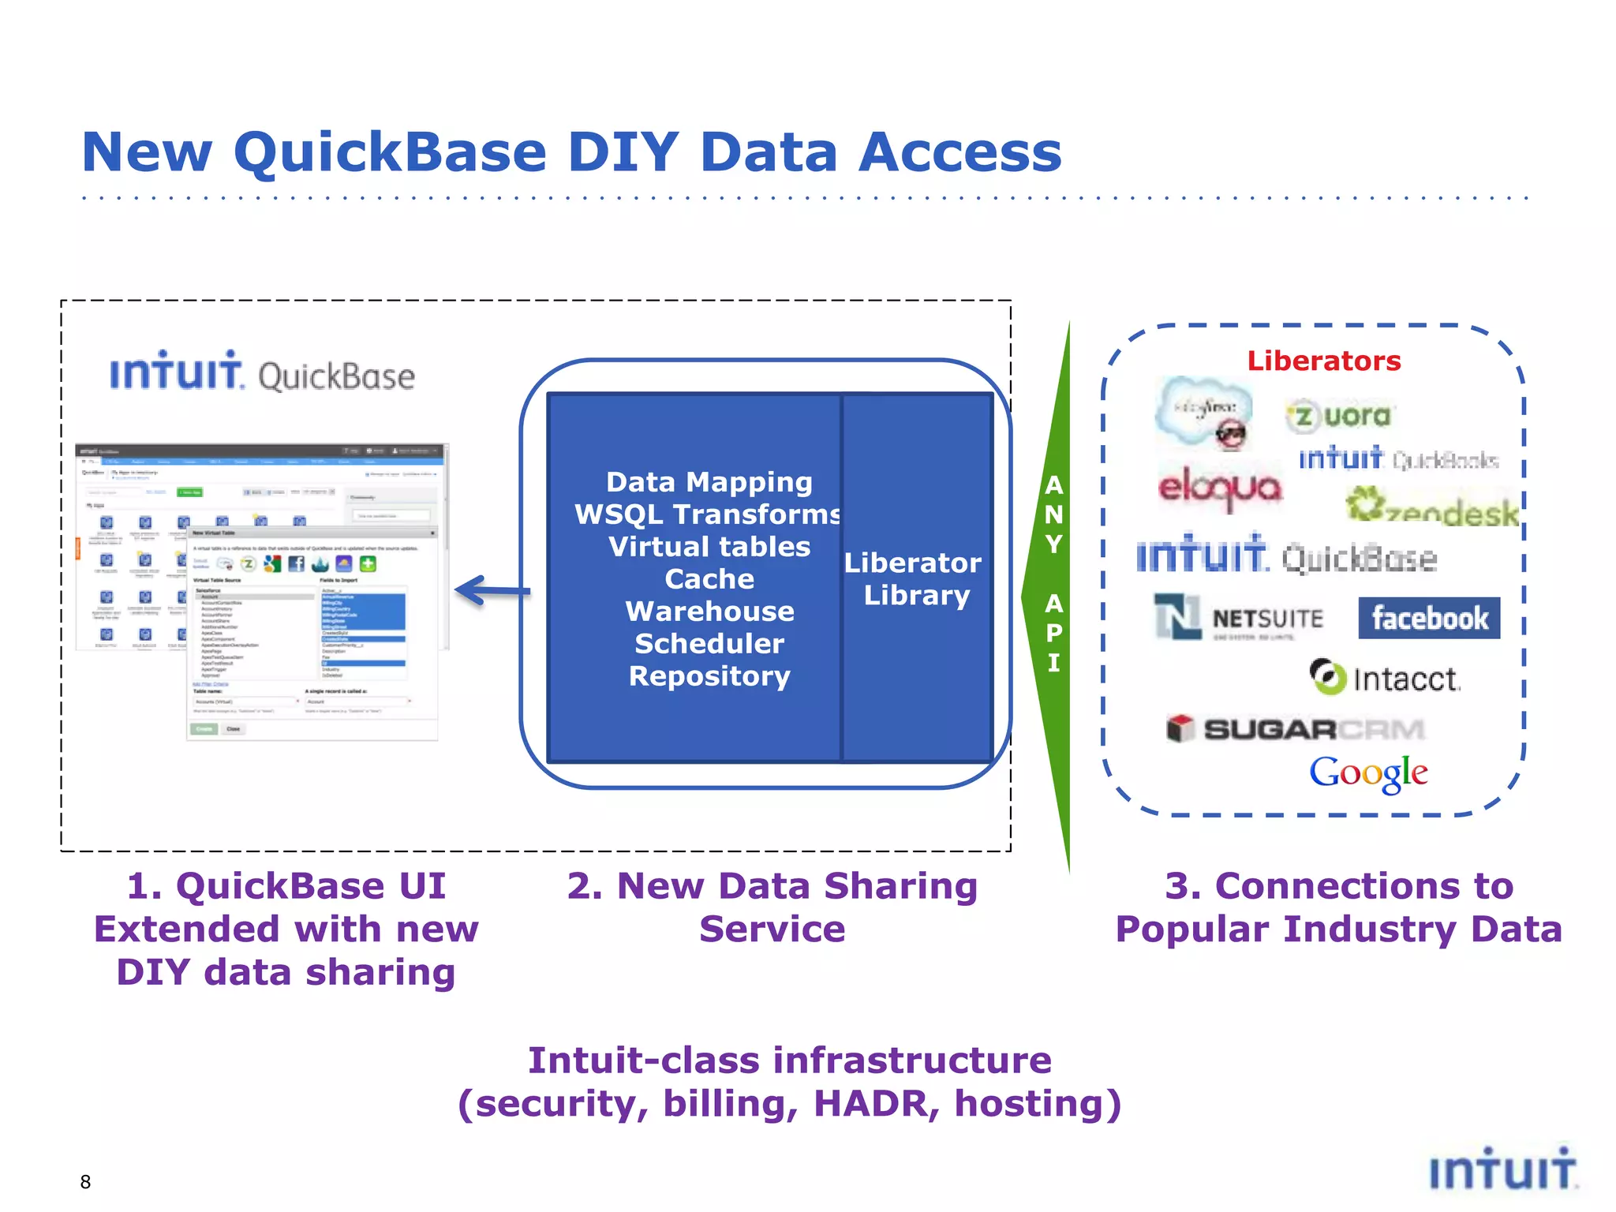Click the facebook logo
[x=1429, y=618]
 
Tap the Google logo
[x=1368, y=772]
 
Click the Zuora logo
[x=1339, y=416]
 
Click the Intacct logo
[x=1385, y=678]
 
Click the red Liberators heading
[x=1323, y=361]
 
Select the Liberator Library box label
[x=914, y=578]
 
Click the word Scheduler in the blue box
[x=709, y=643]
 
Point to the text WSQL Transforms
[x=708, y=514]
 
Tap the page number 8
[x=85, y=1181]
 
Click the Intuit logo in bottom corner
[x=1502, y=1170]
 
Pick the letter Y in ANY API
[x=1053, y=544]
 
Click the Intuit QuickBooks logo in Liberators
[x=1397, y=458]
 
